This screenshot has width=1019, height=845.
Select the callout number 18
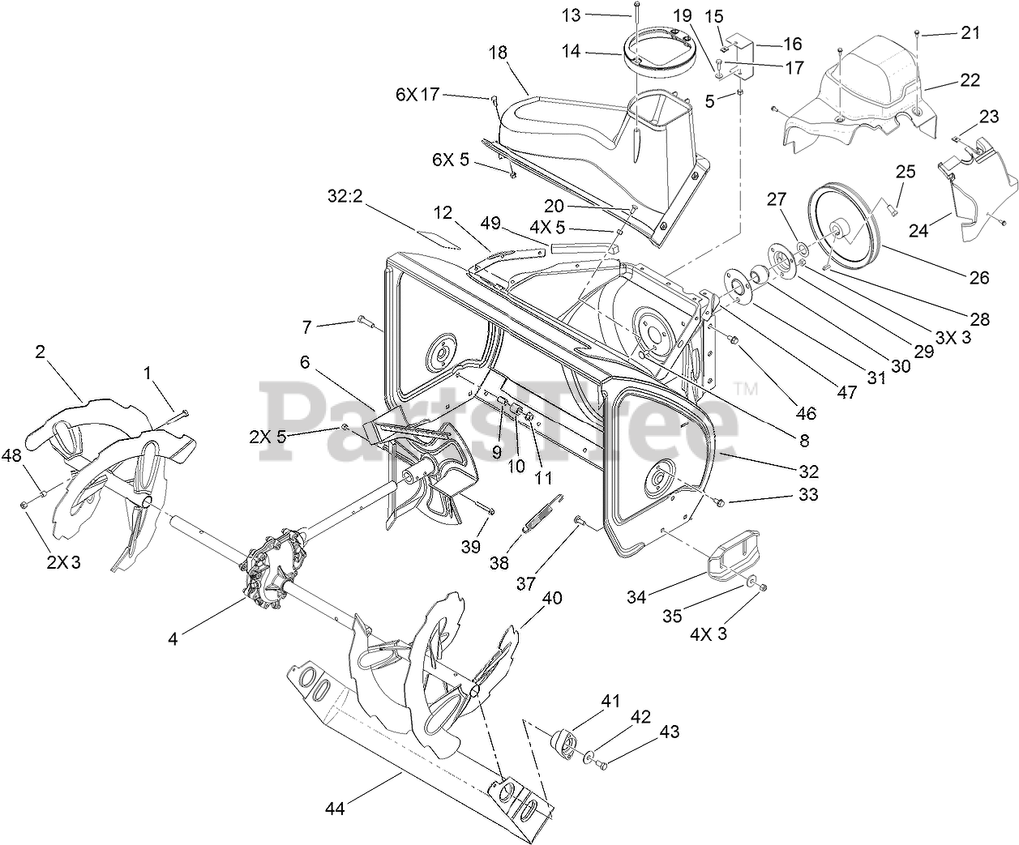coord(498,53)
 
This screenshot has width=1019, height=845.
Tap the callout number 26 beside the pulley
coord(978,277)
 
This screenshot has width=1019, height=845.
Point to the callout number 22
coord(970,80)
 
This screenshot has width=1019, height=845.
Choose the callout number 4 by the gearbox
coord(173,638)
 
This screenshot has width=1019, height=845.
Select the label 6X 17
coord(417,94)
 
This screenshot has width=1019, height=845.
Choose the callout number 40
coord(552,599)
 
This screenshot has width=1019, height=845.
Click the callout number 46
coord(805,414)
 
